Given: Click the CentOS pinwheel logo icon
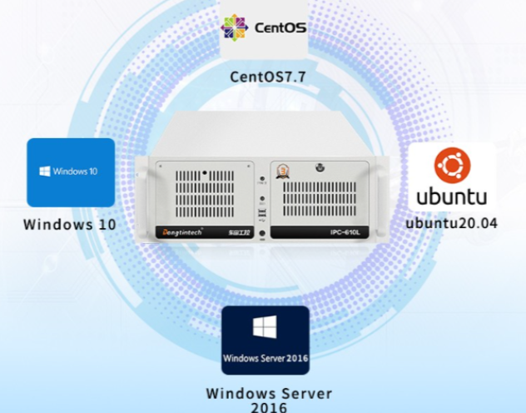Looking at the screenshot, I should pos(234,28).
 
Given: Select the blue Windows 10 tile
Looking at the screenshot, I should pos(71,172).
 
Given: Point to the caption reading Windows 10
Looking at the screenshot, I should pos(70,224).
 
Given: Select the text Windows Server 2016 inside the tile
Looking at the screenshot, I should pos(265,358).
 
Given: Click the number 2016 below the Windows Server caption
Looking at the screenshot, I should pos(269,407).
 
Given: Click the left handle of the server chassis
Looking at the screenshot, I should pos(147,199).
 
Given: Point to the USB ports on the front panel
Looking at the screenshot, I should pos(264,215).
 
